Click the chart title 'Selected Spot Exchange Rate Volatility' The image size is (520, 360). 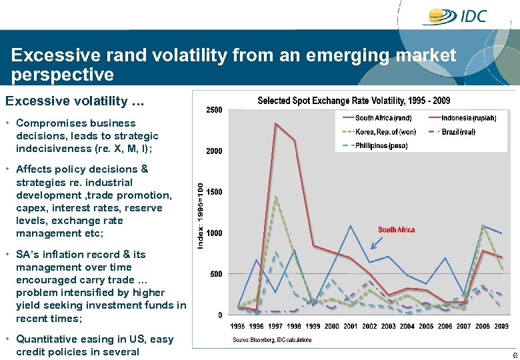point(353,101)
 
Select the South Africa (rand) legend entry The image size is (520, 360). point(383,118)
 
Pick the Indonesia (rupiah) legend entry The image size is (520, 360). point(469,118)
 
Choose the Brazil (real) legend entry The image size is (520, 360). point(458,132)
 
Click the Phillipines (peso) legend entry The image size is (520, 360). point(381,145)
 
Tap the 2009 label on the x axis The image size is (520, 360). point(501,327)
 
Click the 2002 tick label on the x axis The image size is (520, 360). point(370,327)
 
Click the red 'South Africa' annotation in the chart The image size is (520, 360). point(396,230)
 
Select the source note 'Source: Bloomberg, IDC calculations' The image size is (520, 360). point(271,340)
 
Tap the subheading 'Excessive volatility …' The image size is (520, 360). point(74,101)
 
